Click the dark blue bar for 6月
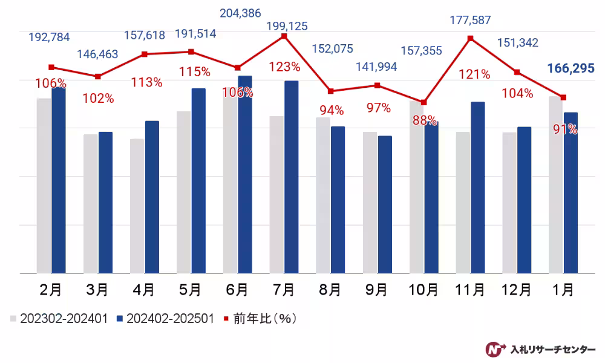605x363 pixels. tap(245, 175)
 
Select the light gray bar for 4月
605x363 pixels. tap(137, 206)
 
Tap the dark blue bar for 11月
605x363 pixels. tap(478, 188)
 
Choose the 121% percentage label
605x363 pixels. tap(474, 74)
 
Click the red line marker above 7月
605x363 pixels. tap(284, 36)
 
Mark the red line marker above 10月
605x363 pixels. tap(423, 102)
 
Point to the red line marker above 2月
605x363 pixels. tap(51, 67)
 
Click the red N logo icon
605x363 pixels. tap(495, 349)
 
